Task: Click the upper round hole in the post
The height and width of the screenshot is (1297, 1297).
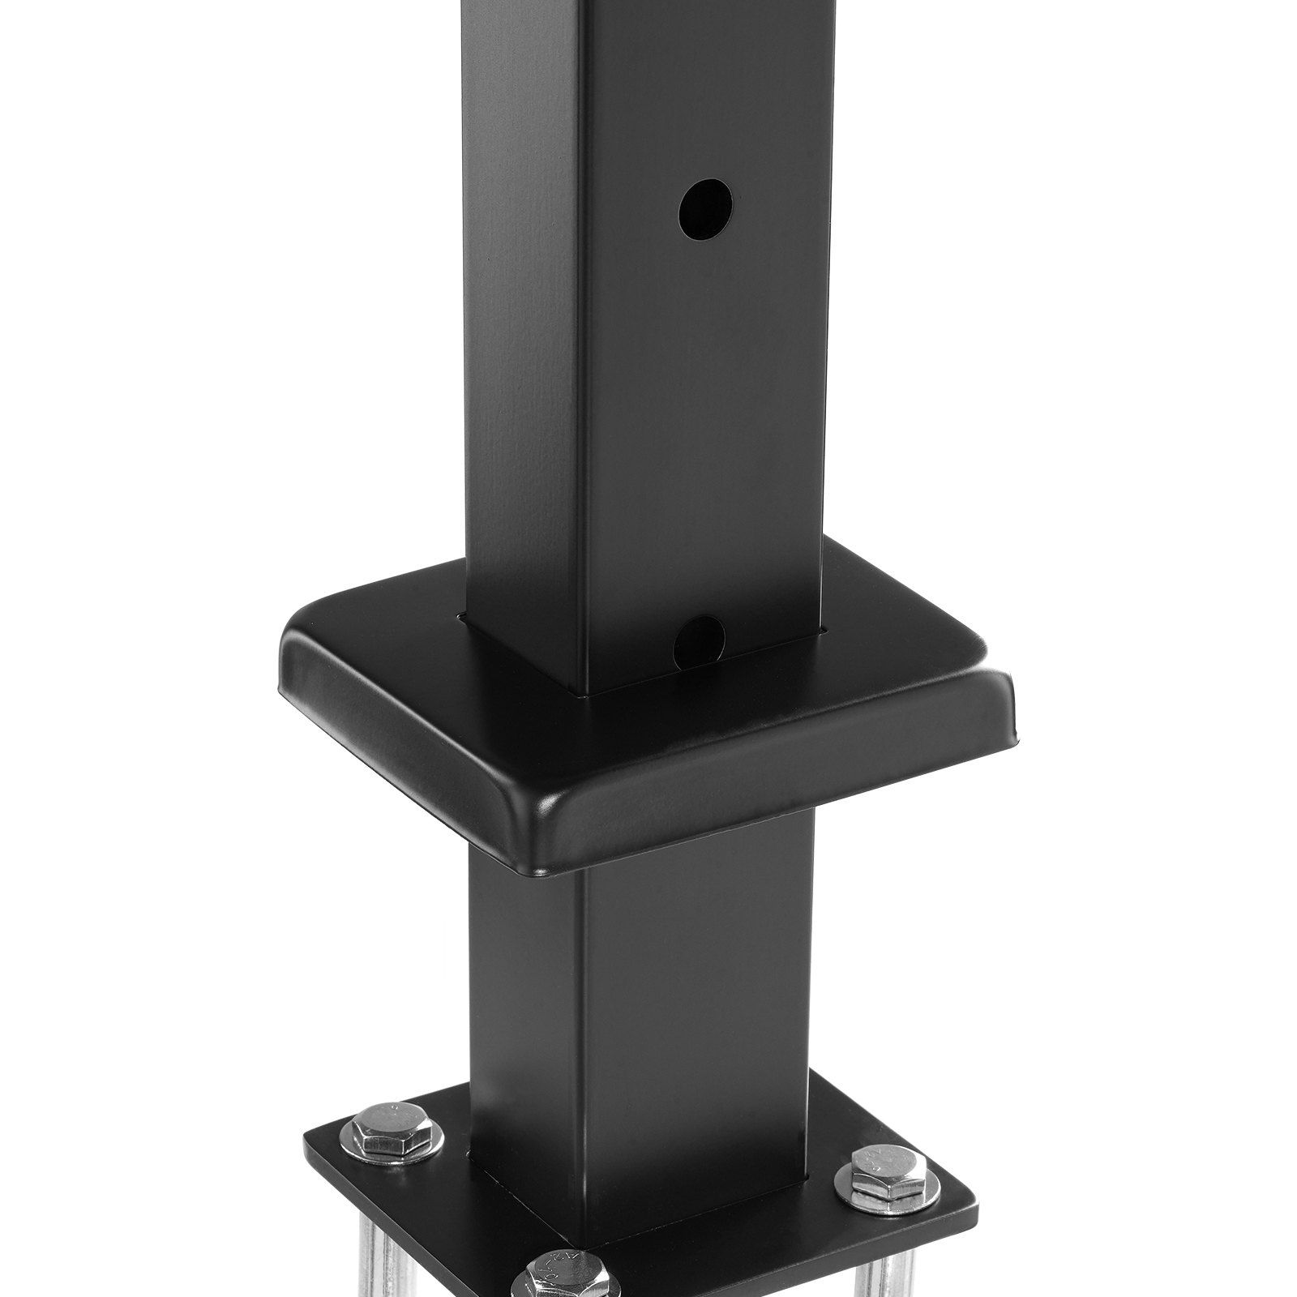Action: point(705,208)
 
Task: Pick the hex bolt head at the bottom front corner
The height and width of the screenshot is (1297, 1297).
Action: point(554,1277)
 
